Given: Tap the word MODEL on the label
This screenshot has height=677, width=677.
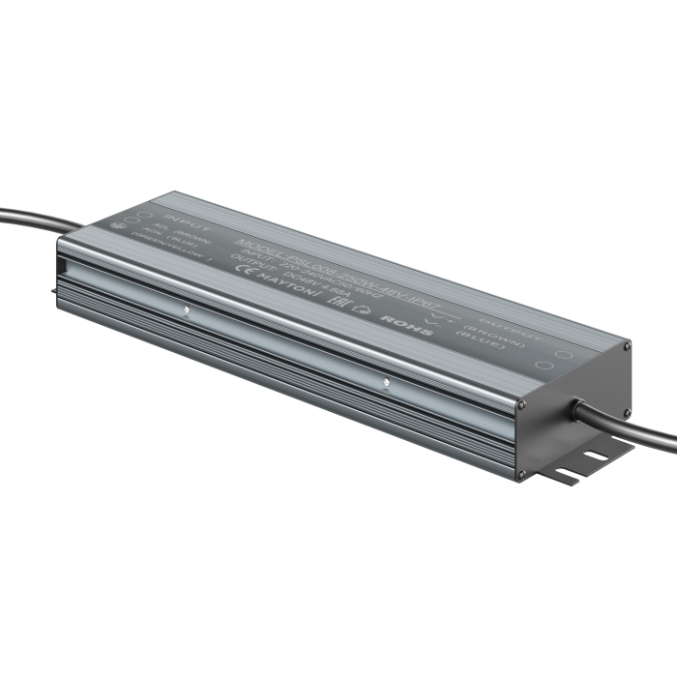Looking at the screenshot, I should pyautogui.click(x=255, y=240).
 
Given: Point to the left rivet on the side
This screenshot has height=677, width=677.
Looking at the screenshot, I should pyautogui.click(x=185, y=311).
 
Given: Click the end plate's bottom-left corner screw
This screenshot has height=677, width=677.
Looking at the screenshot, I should pyautogui.click(x=522, y=473).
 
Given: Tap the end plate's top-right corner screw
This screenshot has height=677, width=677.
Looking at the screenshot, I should pyautogui.click(x=629, y=344).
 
